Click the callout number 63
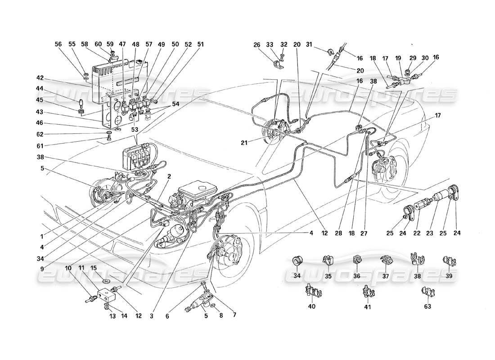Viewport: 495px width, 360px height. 427,307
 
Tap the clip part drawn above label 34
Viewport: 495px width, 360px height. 297,261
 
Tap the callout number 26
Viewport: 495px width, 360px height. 257,45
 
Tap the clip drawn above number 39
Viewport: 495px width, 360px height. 449,261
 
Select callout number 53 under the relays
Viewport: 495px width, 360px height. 135,129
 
